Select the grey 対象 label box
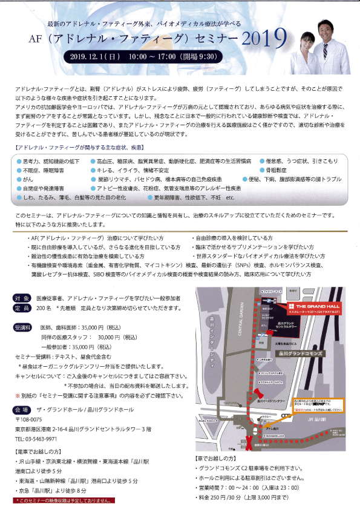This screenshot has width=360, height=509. point(22,299)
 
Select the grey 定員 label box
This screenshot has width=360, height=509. point(22,308)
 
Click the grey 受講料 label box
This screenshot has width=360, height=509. point(24,327)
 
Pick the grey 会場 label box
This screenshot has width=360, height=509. point(22,410)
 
